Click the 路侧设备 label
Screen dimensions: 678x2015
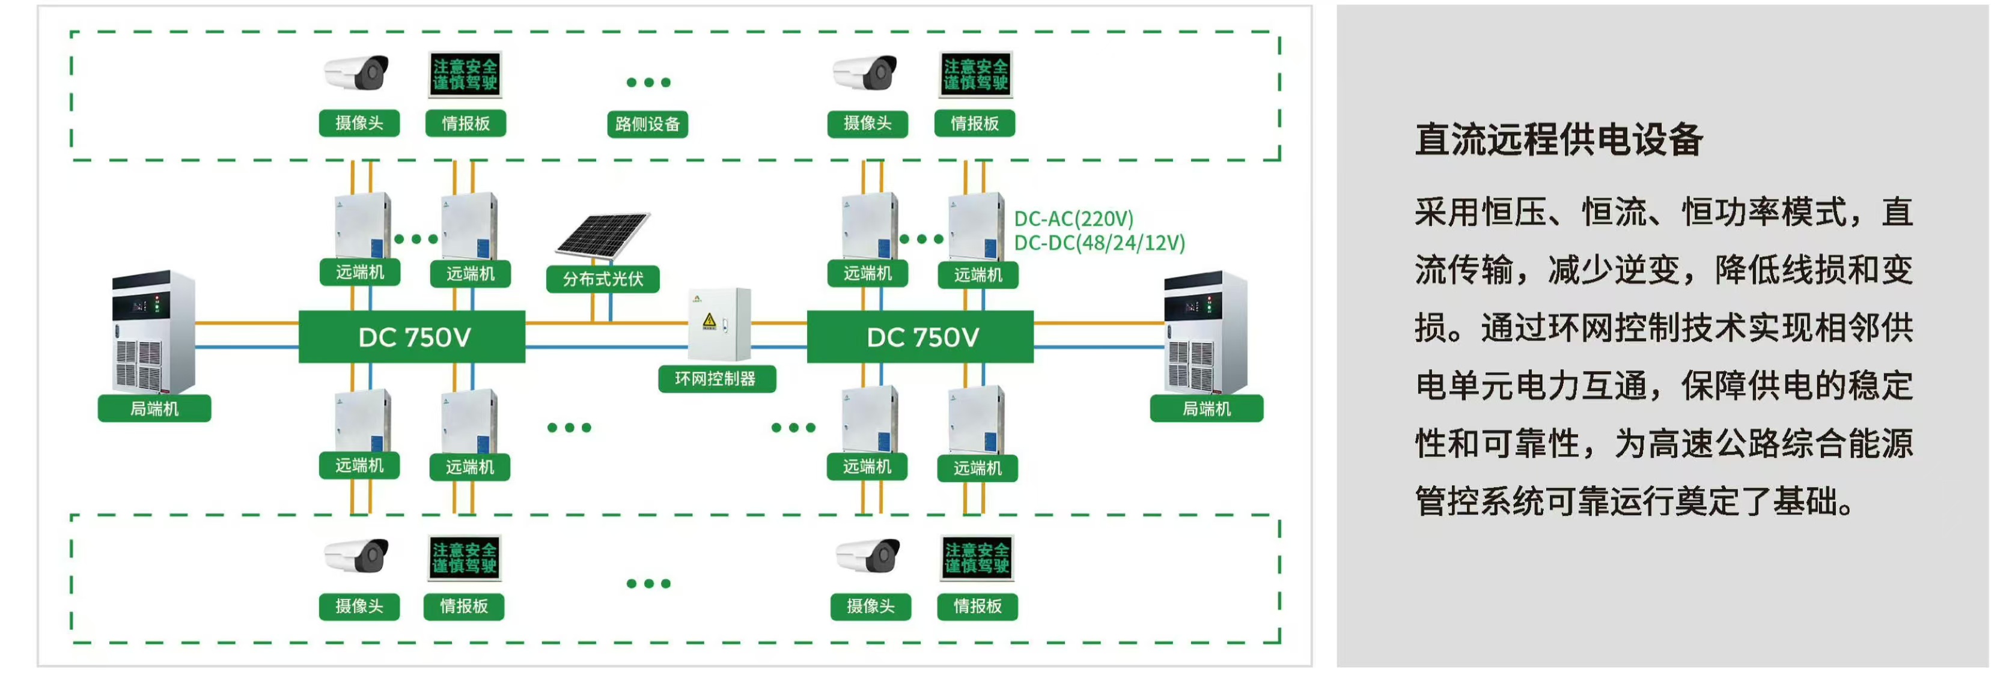click(x=647, y=124)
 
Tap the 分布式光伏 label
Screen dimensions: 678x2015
click(x=602, y=279)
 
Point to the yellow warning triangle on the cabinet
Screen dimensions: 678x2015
click(x=710, y=320)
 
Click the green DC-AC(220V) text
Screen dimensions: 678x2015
click(x=1073, y=219)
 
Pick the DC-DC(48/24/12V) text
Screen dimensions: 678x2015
click(x=1099, y=243)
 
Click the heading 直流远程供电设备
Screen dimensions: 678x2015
click(x=1558, y=140)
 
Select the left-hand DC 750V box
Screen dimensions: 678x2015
click(x=412, y=337)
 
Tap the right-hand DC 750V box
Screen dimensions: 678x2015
click(x=921, y=337)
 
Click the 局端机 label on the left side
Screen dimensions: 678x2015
click(x=154, y=409)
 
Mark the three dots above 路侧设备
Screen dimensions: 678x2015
click(x=648, y=82)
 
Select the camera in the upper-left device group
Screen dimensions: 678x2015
click(x=358, y=73)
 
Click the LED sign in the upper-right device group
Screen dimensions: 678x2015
click(x=975, y=74)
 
